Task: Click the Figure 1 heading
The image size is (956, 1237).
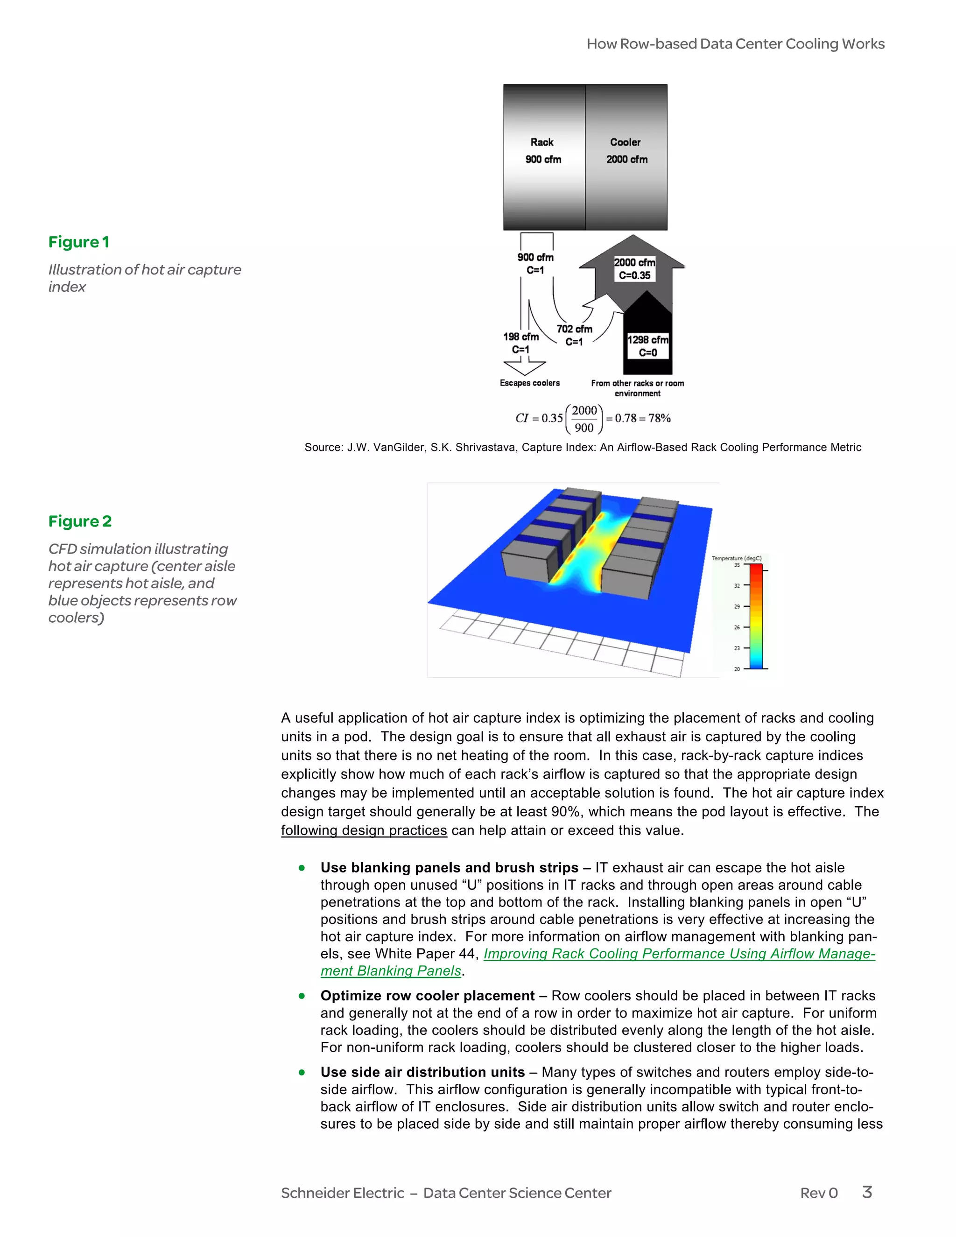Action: (x=79, y=242)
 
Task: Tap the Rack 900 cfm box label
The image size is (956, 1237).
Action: (x=542, y=151)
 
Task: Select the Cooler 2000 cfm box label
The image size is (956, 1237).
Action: (x=626, y=151)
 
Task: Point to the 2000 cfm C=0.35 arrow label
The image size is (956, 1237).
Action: (x=634, y=269)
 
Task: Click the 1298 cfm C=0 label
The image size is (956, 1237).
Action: (x=648, y=346)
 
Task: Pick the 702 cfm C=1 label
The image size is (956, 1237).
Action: (x=574, y=335)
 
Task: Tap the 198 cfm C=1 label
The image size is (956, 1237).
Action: (x=521, y=343)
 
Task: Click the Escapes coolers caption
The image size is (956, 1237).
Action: (x=529, y=383)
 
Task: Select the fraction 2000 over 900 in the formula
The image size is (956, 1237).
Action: (x=584, y=419)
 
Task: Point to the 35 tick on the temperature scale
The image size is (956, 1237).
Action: (x=737, y=565)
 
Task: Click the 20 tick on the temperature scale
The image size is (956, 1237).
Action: (x=737, y=669)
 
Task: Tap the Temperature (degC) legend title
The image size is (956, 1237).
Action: (x=736, y=558)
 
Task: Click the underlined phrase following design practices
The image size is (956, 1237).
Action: (x=364, y=830)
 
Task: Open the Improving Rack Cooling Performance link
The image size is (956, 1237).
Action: (x=679, y=954)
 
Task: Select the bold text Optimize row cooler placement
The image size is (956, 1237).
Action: (x=427, y=996)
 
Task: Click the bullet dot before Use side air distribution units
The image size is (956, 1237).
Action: (x=302, y=1072)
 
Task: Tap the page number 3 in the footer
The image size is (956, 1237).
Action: (x=866, y=1192)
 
